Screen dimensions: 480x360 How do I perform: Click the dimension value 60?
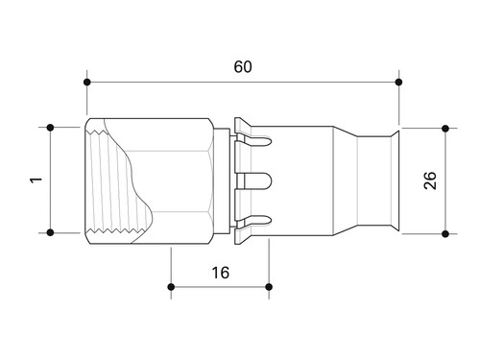click(243, 66)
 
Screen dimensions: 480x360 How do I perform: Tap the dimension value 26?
click(430, 180)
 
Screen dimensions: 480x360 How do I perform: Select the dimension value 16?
click(221, 273)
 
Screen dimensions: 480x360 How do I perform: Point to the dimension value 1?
click(36, 180)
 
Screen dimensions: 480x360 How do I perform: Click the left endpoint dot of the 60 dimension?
click(87, 83)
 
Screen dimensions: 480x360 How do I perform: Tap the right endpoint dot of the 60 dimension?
click(398, 83)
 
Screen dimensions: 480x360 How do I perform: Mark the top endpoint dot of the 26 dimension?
click(445, 129)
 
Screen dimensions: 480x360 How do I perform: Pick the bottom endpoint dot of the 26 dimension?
click(445, 234)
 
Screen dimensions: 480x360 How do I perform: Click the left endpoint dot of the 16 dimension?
click(171, 287)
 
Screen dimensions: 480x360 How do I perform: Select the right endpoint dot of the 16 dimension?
click(269, 287)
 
